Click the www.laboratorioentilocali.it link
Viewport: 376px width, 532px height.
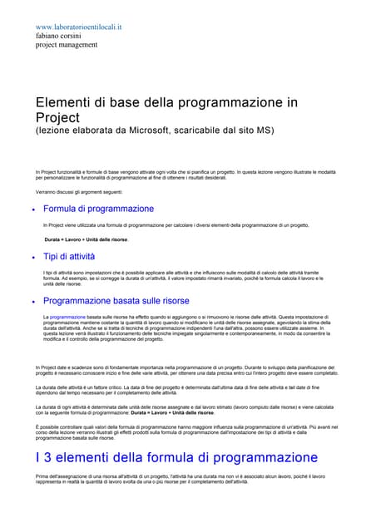[79, 27]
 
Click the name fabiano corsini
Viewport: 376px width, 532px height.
[59, 37]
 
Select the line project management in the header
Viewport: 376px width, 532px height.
[67, 47]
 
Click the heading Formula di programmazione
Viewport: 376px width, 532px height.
[98, 209]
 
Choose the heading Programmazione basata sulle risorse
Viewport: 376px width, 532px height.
[116, 301]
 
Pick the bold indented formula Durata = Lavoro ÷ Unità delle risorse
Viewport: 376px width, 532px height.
[87, 239]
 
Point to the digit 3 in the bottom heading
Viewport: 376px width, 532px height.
[47, 457]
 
